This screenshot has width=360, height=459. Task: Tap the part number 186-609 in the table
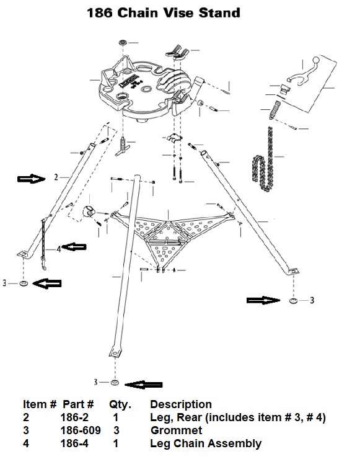click(81, 430)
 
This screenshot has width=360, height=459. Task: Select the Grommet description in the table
click(176, 430)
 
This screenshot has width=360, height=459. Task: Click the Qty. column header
click(120, 404)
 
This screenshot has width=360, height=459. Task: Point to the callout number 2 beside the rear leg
click(56, 177)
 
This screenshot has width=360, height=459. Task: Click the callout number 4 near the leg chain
click(59, 249)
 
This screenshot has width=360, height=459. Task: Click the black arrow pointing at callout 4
click(74, 247)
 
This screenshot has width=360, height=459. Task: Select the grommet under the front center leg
click(114, 383)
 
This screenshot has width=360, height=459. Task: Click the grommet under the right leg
click(293, 301)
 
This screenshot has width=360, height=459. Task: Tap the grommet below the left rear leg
click(24, 283)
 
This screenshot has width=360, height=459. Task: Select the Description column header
click(181, 404)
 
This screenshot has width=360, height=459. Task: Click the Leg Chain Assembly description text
click(206, 443)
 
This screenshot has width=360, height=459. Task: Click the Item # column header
click(40, 404)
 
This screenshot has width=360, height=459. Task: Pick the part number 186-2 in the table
click(74, 417)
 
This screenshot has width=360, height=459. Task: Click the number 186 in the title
click(100, 13)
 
